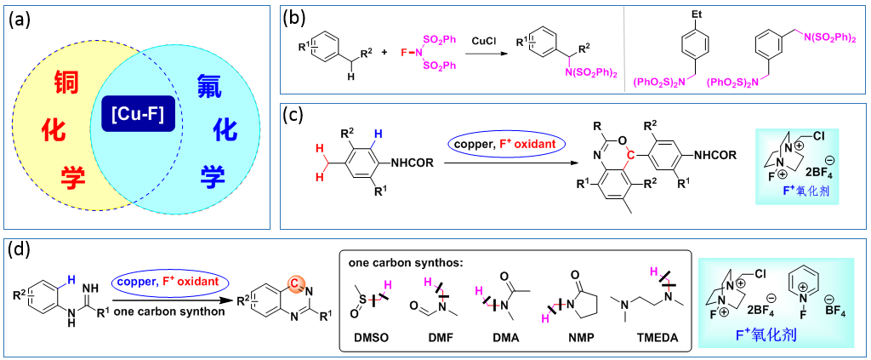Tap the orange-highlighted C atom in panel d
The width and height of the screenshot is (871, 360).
(x=292, y=283)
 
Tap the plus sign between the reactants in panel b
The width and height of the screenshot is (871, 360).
(x=384, y=52)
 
